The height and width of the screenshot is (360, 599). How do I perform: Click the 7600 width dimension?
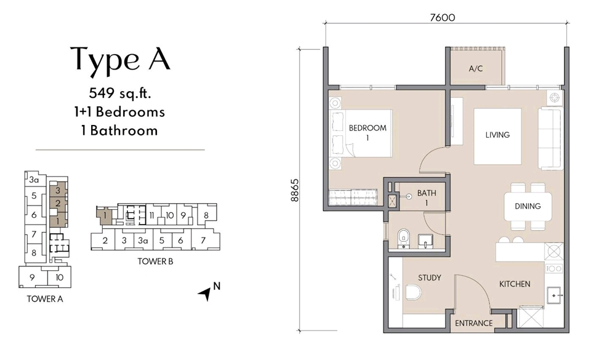click(x=443, y=18)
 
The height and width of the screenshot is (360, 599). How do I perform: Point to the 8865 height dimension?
click(x=295, y=190)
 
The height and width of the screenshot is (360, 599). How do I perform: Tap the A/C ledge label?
click(x=476, y=69)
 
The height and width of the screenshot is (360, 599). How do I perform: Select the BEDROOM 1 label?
click(x=368, y=132)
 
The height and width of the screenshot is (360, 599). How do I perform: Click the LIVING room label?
click(x=497, y=135)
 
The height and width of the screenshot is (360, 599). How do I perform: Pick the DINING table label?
click(x=528, y=206)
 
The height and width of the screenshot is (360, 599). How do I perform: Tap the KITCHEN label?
click(x=515, y=284)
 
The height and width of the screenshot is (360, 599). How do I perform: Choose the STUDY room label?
click(x=429, y=278)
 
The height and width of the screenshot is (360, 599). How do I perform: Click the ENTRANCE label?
click(x=473, y=323)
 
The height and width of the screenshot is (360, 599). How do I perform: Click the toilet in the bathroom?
click(x=403, y=238)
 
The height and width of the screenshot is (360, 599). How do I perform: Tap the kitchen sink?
click(x=554, y=295)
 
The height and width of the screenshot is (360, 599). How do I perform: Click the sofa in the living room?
click(x=550, y=138)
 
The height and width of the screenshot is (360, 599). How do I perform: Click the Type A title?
click(x=120, y=59)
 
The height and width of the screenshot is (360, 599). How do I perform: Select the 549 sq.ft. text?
click(x=120, y=93)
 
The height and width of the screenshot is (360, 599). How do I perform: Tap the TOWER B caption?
click(x=155, y=262)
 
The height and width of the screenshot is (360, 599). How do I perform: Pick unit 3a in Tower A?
click(x=34, y=180)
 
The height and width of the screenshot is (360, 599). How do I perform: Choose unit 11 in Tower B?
click(x=151, y=216)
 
